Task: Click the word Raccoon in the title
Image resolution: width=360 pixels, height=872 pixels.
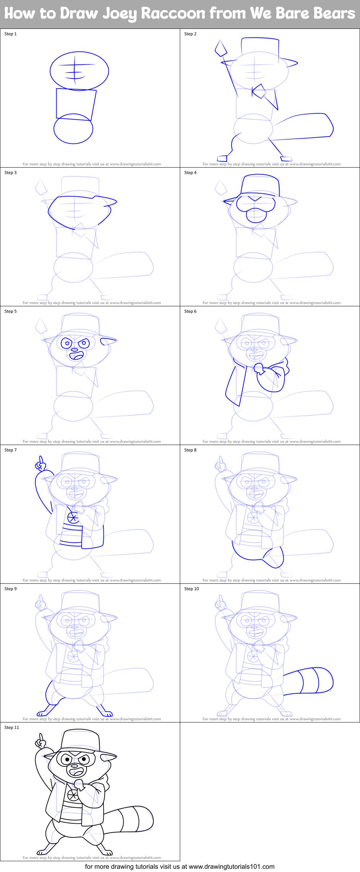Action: [x=173, y=14]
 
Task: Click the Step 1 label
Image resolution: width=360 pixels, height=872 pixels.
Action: [x=10, y=34]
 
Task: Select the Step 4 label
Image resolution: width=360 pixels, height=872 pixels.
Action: [x=190, y=173]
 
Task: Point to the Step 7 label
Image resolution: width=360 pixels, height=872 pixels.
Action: [x=10, y=450]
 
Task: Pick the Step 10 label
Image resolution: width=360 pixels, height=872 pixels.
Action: [x=191, y=589]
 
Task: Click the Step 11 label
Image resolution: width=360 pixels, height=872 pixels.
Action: [x=12, y=728]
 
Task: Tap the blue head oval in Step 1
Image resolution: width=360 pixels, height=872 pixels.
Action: [x=79, y=71]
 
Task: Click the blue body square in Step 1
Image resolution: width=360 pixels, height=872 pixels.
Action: [x=75, y=104]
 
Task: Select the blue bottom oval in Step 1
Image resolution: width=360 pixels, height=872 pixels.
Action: [x=73, y=129]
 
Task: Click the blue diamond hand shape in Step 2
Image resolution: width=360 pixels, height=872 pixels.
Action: [x=221, y=49]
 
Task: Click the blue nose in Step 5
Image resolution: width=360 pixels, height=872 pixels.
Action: [x=74, y=350]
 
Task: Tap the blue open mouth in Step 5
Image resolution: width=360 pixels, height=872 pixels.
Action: [x=76, y=356]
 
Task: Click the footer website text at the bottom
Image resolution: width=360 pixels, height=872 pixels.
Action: [x=179, y=867]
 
